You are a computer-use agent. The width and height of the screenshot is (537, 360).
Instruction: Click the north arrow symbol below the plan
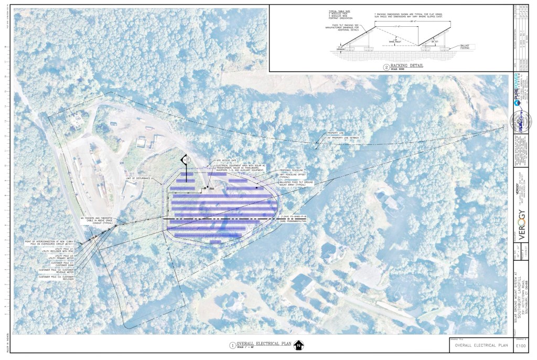pyautogui.click(x=298, y=345)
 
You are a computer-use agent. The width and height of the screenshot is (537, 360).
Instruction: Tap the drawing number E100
pyautogui.click(x=521, y=346)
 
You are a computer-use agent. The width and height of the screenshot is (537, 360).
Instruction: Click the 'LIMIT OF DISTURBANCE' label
pyautogui.click(x=138, y=179)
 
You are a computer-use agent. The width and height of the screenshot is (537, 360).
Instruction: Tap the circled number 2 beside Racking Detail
pyautogui.click(x=385, y=67)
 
